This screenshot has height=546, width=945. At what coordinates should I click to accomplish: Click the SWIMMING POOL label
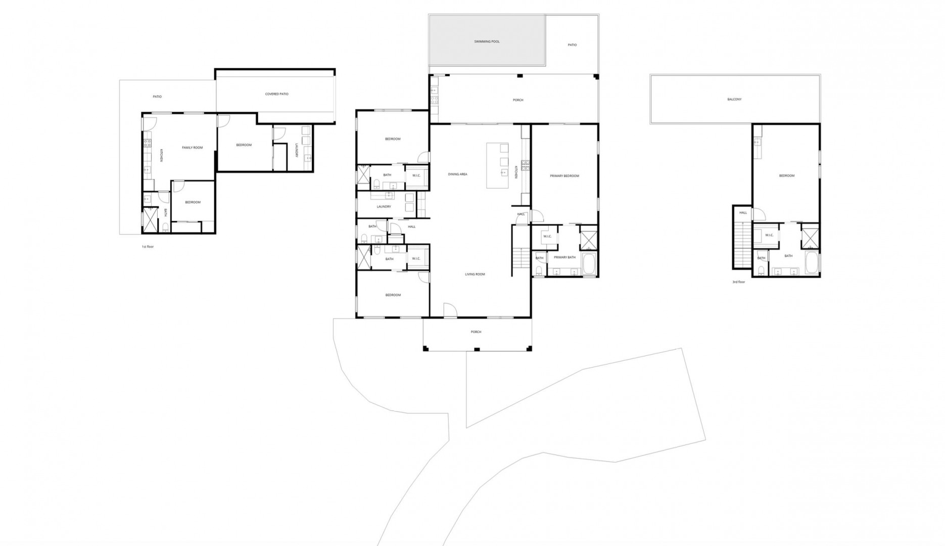coord(487,41)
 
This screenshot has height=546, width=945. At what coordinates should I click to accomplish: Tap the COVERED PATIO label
coord(277,94)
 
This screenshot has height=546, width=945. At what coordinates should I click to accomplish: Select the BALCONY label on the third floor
coord(734,99)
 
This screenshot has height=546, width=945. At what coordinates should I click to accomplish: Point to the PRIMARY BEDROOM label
coord(564,176)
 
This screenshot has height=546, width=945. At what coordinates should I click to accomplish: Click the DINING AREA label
coord(457,174)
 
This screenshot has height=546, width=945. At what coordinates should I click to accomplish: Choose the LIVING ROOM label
coord(475,275)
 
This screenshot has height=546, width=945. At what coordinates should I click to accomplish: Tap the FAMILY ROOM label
coord(193,148)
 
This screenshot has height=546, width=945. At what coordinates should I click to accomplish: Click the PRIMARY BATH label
coord(564,257)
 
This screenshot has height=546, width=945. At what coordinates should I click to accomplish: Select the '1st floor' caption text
coord(148,247)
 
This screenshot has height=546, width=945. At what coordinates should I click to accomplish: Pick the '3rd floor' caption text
coord(738,282)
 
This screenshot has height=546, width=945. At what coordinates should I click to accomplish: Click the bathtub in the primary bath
coord(589,264)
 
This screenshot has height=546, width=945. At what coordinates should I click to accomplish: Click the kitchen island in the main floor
coord(497,165)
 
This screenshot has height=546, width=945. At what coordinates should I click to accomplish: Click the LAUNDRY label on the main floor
coord(384,207)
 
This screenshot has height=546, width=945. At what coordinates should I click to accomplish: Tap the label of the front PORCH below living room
coord(476,332)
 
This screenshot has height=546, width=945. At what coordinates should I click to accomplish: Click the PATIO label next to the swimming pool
coord(572,45)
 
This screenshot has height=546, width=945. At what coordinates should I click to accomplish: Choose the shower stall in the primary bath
coord(589,240)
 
